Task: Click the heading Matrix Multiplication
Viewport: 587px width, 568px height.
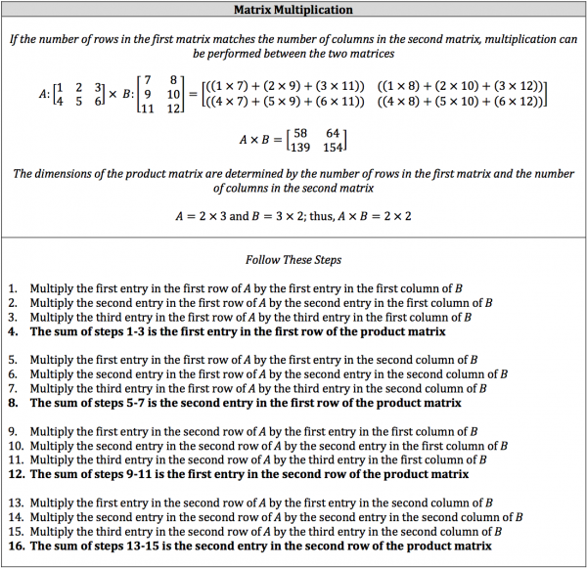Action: (293, 10)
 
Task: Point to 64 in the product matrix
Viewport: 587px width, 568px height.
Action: (334, 133)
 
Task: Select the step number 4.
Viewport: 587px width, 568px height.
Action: (13, 331)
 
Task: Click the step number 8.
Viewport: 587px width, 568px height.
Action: (13, 403)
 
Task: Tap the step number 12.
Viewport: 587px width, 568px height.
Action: (16, 474)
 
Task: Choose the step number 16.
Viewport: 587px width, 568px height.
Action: (16, 546)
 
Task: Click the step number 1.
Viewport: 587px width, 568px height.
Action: (13, 288)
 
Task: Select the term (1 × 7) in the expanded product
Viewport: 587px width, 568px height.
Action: (227, 86)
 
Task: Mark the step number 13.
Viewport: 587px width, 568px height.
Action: (16, 502)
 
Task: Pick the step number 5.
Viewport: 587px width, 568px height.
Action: (13, 360)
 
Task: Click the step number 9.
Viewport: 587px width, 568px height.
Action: (13, 431)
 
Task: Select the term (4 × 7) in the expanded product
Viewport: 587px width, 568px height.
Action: (227, 102)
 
